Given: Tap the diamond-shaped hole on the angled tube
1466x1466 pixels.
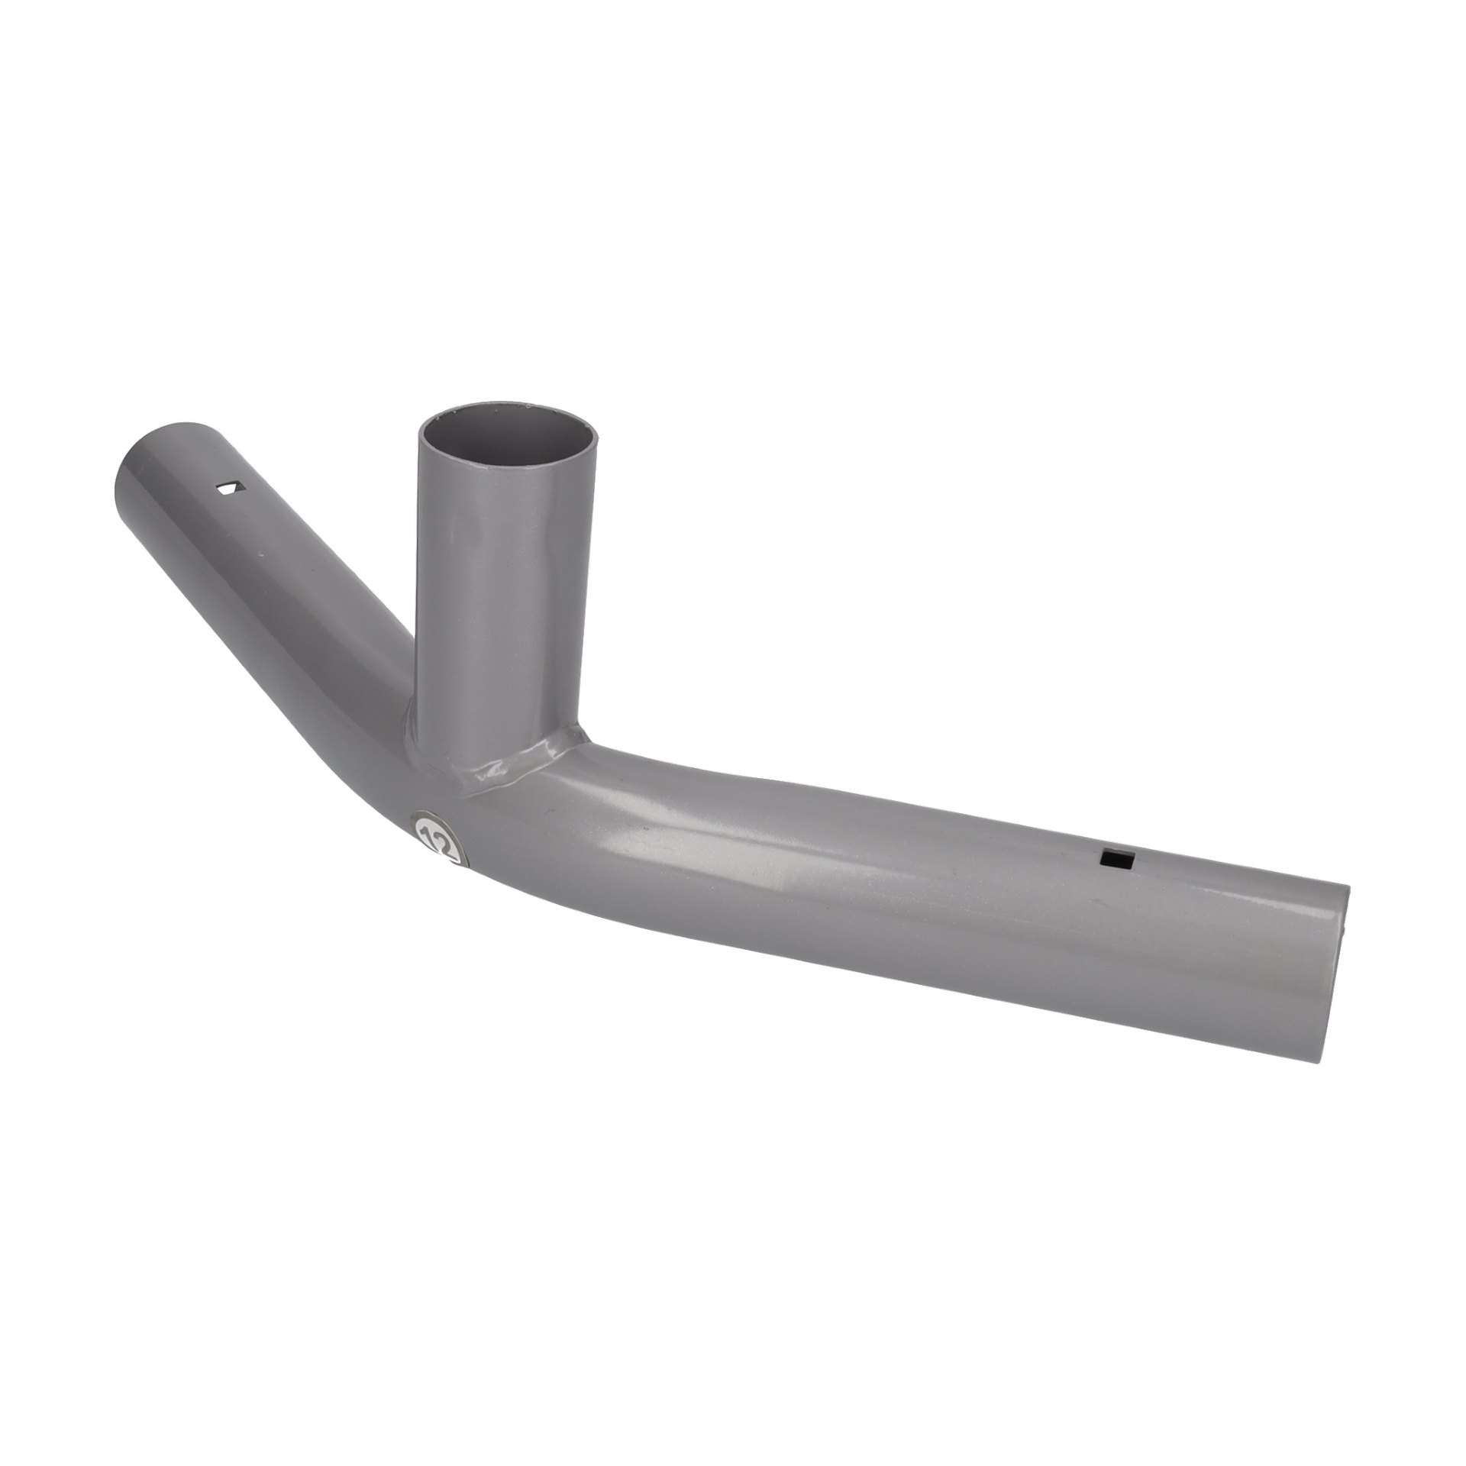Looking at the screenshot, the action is (228, 489).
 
